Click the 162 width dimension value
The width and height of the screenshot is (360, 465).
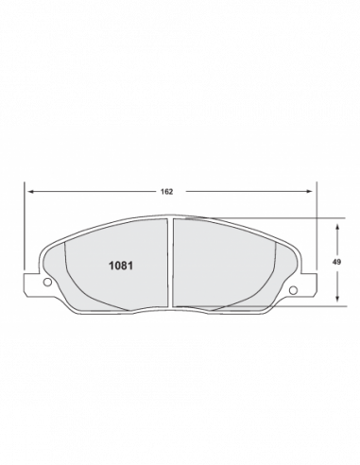click(166, 192)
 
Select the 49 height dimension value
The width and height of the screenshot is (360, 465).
click(336, 262)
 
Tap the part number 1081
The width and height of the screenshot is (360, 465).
click(121, 266)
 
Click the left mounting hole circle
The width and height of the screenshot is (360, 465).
click(47, 282)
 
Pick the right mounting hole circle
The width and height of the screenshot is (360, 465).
click(293, 290)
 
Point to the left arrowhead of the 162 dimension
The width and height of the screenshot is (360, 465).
click(31, 191)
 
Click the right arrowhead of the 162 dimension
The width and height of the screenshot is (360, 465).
click(309, 191)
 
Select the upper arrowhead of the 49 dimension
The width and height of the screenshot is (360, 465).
click(337, 227)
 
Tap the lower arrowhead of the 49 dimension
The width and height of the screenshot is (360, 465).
click(337, 299)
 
